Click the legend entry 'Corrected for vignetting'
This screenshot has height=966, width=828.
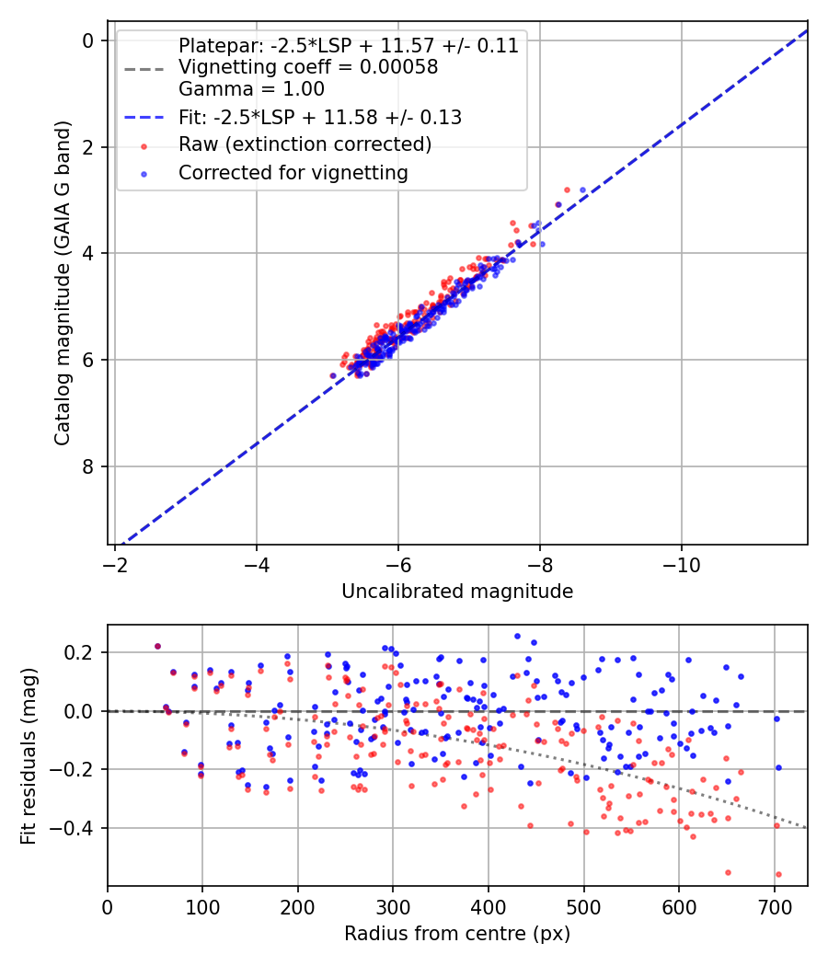(x=293, y=172)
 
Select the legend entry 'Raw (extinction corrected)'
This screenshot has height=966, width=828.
(x=305, y=144)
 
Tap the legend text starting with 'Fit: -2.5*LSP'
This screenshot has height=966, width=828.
(x=319, y=117)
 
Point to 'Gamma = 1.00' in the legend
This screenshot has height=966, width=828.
(x=251, y=89)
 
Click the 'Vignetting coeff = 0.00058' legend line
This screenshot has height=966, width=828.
(x=307, y=67)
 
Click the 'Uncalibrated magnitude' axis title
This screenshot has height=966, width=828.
(x=457, y=592)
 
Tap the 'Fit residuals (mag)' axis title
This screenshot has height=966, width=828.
(x=29, y=755)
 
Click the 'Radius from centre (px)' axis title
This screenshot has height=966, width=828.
(x=457, y=934)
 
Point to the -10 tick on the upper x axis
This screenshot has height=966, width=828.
(x=681, y=562)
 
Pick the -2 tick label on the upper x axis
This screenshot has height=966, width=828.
(x=115, y=562)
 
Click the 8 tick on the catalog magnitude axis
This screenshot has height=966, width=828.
(x=88, y=466)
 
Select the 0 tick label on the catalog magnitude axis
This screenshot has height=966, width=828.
(x=88, y=40)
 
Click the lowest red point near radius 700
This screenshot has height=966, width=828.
(x=778, y=875)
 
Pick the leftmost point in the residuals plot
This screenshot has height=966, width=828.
(x=157, y=646)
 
